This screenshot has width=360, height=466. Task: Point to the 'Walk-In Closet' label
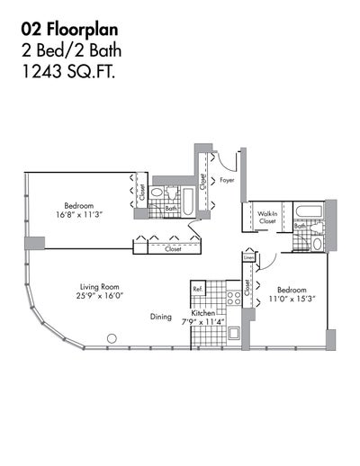(267, 216)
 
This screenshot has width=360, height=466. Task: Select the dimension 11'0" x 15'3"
(289, 300)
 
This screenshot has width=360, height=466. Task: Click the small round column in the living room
(112, 338)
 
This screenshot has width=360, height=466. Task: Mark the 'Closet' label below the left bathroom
(173, 249)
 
